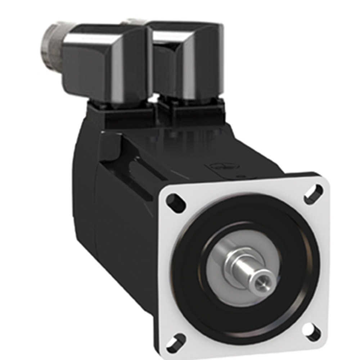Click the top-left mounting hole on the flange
tap(177, 202)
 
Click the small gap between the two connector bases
tap(156, 108)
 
